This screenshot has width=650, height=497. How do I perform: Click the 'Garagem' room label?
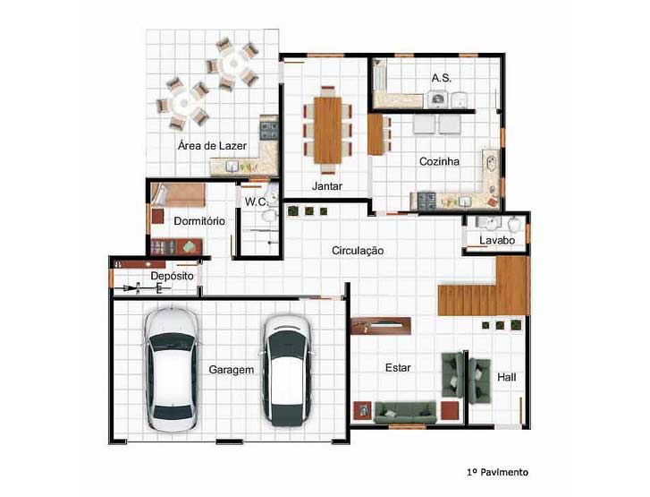pos(232,370)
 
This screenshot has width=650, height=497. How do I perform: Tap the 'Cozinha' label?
pos(439,161)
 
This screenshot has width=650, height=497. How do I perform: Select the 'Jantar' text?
pos(327,186)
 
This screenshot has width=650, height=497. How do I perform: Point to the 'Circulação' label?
pos(358,251)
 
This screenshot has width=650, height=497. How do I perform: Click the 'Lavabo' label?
pos(497,240)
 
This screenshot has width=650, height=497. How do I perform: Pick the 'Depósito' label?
pos(172,276)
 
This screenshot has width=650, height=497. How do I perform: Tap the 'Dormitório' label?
pos(199,221)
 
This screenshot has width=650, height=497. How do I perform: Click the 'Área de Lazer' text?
pos(212,145)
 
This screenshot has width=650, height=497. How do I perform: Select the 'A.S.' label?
pos(442,78)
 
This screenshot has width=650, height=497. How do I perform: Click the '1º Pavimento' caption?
pos(497,472)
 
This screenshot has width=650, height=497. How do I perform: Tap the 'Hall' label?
pos(507,377)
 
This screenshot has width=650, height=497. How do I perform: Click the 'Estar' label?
pos(398,367)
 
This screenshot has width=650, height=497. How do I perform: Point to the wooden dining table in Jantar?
pos(327,130)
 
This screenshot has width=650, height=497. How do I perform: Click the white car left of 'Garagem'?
pos(171,369)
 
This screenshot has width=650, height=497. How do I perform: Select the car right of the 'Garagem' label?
pos(288,371)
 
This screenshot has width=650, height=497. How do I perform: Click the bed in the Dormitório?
pos(177,194)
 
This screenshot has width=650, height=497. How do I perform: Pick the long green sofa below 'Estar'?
pos(405,412)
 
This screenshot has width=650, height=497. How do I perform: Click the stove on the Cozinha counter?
pos(426,200)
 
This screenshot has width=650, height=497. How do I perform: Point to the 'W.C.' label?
pos(257,202)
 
